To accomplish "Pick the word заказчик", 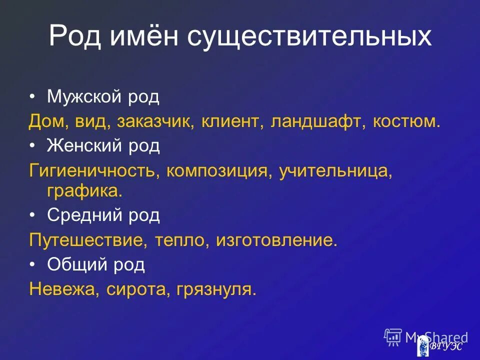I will (x=155, y=121).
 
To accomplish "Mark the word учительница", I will (x=334, y=171).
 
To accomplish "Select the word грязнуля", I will (x=215, y=289).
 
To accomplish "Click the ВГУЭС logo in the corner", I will (x=439, y=345).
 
